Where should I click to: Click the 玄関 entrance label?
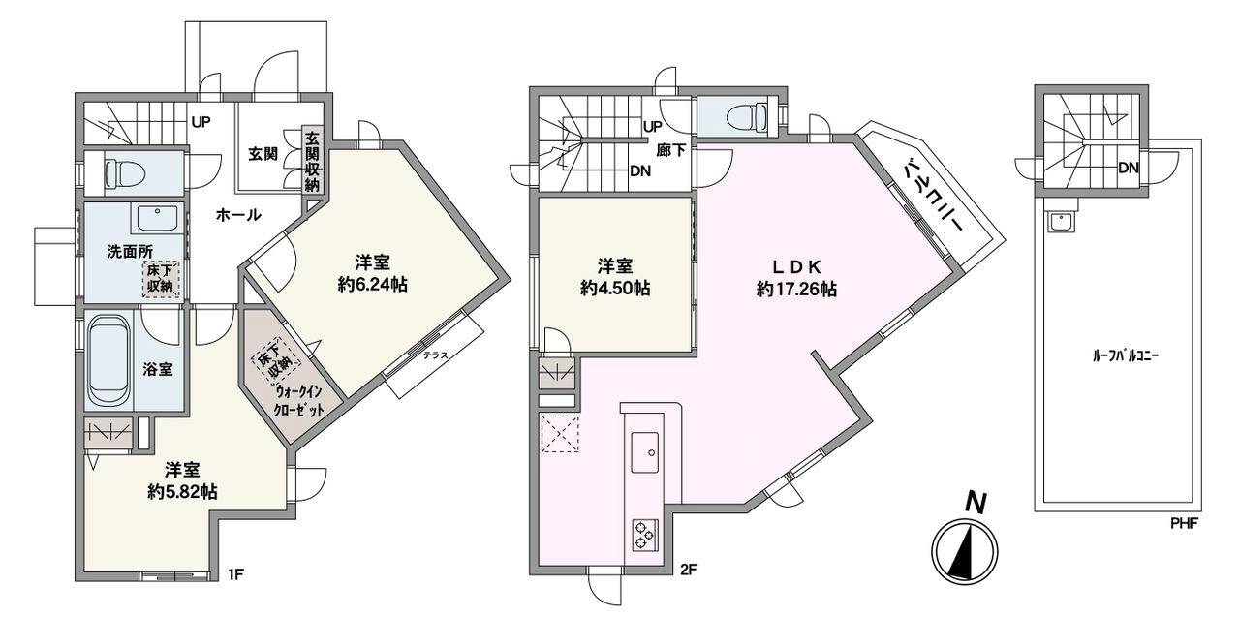tap(263, 154)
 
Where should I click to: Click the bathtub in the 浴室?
tap(108, 360)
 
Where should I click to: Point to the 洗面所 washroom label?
tap(130, 252)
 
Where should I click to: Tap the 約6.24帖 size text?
tap(372, 286)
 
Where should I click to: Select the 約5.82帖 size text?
tap(182, 491)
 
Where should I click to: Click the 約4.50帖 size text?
tap(615, 288)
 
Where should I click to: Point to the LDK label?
tap(796, 267)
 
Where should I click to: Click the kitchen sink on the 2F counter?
tap(645, 452)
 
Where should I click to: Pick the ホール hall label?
tap(238, 214)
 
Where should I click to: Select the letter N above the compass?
tap(976, 504)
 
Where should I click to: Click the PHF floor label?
tap(1184, 522)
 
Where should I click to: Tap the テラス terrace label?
tap(435, 355)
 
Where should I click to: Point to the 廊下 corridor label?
tap(671, 150)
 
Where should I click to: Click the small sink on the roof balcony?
tap(1061, 222)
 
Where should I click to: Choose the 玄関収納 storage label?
tap(313, 161)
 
